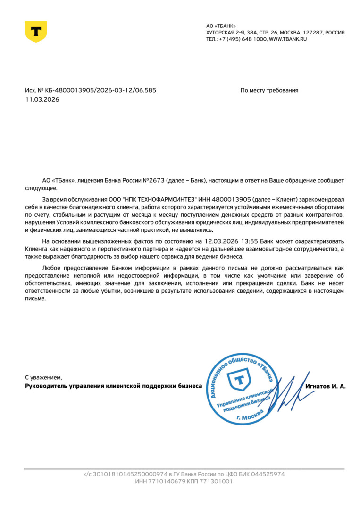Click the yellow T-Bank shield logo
pyautogui.click(x=36, y=32)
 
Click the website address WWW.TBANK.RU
pyautogui.click(x=288, y=39)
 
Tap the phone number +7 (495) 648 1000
pyautogui.click(x=243, y=39)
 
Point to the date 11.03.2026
pyautogui.click(x=42, y=99)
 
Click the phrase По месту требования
pyautogui.click(x=269, y=90)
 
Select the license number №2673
pyautogui.click(x=153, y=181)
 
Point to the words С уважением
pyautogui.click(x=43, y=377)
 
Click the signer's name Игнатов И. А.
pyautogui.click(x=326, y=386)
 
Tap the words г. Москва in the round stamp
pyautogui.click(x=250, y=415)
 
